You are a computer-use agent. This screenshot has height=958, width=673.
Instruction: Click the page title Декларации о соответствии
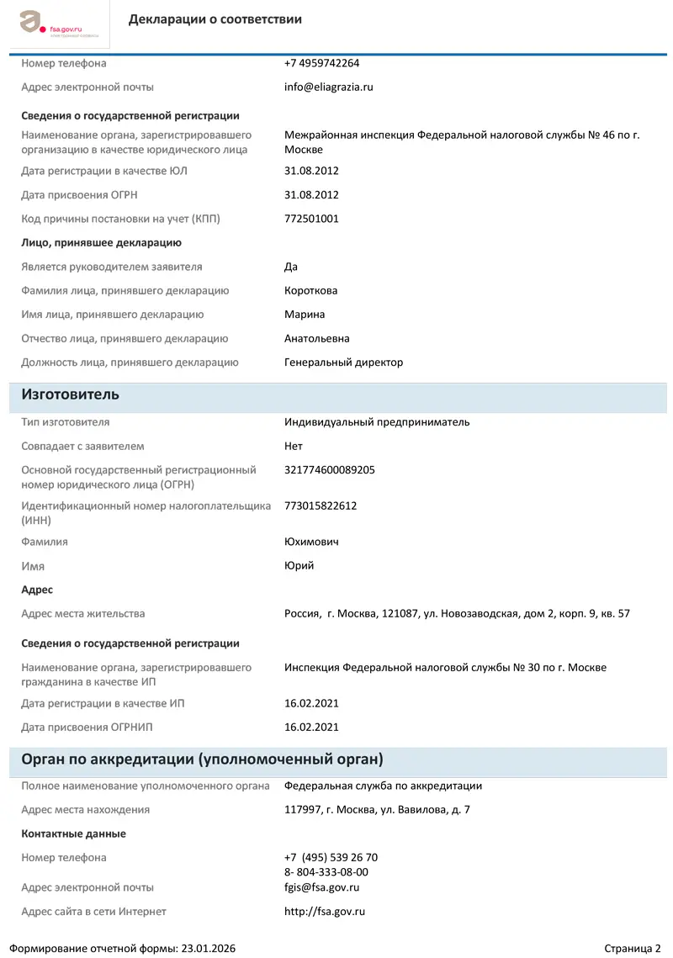pyautogui.click(x=215, y=19)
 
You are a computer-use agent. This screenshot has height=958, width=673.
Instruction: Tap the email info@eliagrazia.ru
pyautogui.click(x=328, y=87)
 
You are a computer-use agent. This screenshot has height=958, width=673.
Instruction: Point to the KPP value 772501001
pyautogui.click(x=311, y=219)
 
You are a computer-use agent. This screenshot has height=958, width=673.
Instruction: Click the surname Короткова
pyautogui.click(x=310, y=290)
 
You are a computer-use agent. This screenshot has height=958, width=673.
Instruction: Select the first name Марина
pyautogui.click(x=305, y=315)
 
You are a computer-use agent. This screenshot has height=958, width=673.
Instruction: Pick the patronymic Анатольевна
pyautogui.click(x=316, y=338)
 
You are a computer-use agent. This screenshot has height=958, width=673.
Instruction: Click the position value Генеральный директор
pyautogui.click(x=343, y=363)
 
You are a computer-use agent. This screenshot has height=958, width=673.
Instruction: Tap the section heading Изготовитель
pyautogui.click(x=70, y=394)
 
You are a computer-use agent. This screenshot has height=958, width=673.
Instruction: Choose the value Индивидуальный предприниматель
pyautogui.click(x=377, y=422)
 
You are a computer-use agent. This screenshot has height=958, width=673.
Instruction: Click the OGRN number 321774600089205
pyautogui.click(x=330, y=470)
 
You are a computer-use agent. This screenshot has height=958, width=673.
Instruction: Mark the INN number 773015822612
pyautogui.click(x=321, y=505)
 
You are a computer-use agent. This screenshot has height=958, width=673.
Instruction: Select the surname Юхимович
pyautogui.click(x=311, y=542)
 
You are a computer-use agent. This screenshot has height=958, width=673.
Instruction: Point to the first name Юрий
pyautogui.click(x=299, y=565)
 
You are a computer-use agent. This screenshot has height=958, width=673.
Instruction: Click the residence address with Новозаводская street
pyautogui.click(x=457, y=614)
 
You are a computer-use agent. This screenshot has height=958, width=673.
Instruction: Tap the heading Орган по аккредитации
pyautogui.click(x=202, y=760)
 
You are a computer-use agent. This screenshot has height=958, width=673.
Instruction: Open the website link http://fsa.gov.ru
pyautogui.click(x=324, y=912)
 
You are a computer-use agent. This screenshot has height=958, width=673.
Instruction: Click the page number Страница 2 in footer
pyautogui.click(x=632, y=948)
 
